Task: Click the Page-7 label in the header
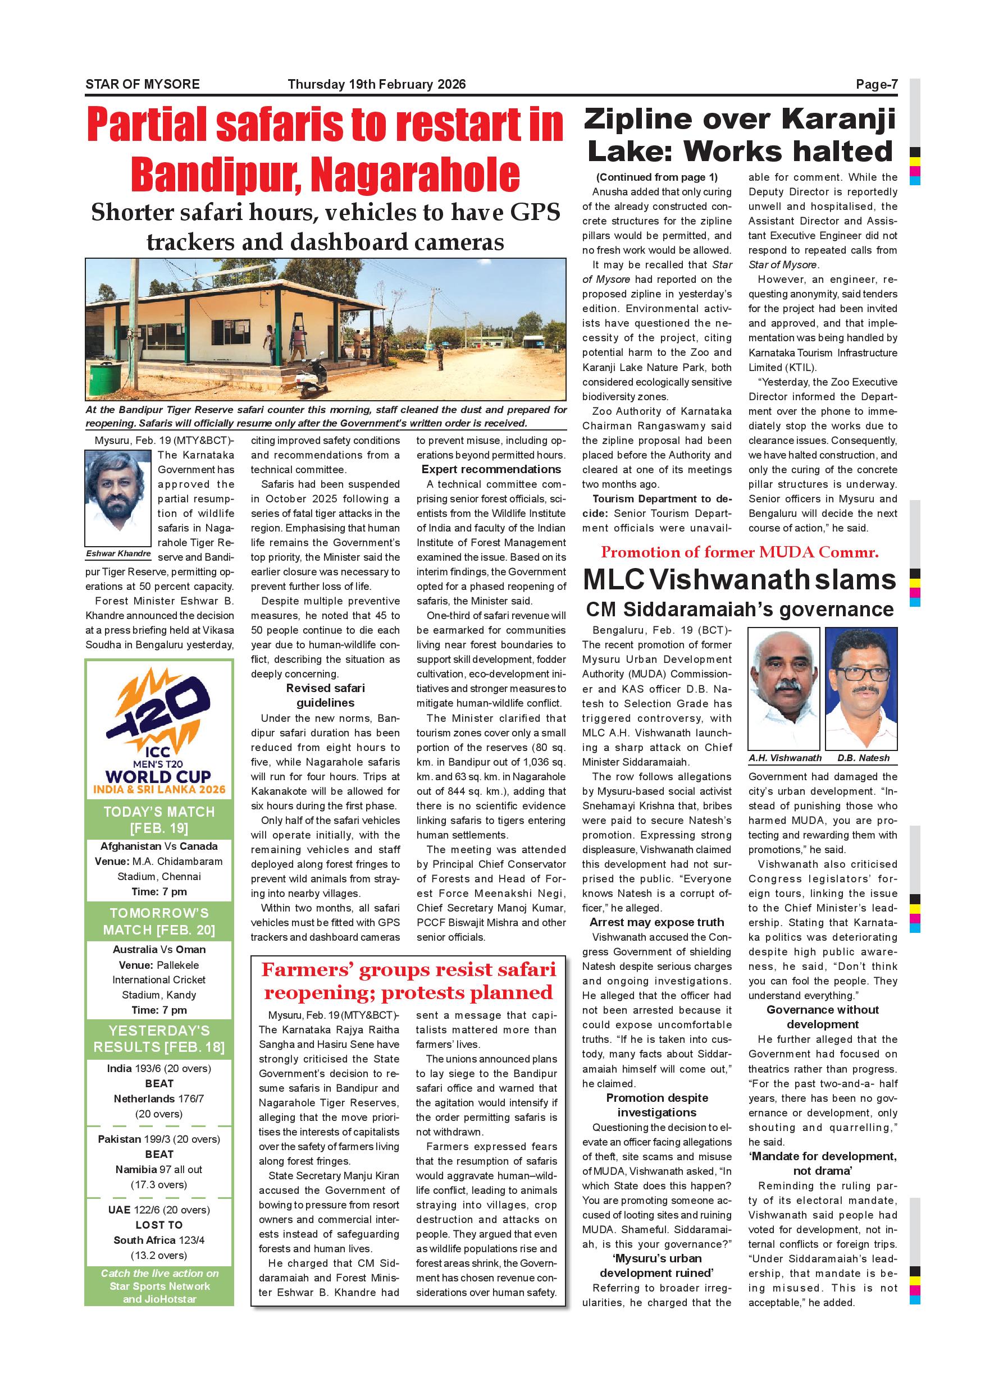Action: (x=876, y=85)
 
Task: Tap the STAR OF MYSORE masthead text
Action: (x=143, y=85)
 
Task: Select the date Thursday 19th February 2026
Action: (x=377, y=85)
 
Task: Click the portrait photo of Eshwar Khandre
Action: (x=118, y=498)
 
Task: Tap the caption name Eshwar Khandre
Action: (x=118, y=553)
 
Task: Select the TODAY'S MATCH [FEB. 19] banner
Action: (x=159, y=819)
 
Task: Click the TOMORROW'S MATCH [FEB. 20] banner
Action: (x=159, y=921)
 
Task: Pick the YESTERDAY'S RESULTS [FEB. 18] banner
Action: (x=159, y=1038)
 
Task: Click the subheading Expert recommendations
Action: (x=491, y=469)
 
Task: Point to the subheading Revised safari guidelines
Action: (x=326, y=695)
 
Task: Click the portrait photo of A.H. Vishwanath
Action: (x=783, y=689)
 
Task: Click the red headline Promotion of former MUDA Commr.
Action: (x=740, y=552)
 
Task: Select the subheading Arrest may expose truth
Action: (x=657, y=922)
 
